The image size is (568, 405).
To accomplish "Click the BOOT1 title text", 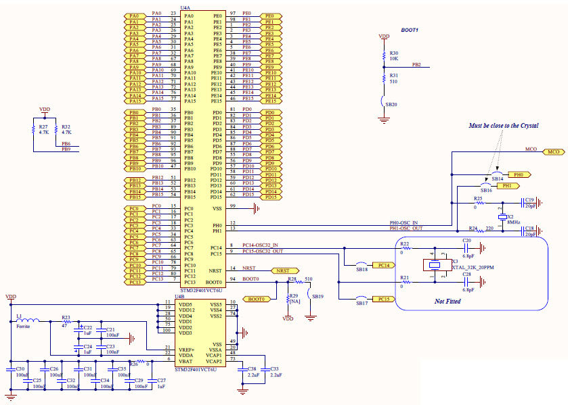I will click(410, 30).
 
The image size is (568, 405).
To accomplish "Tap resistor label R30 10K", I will click(394, 55).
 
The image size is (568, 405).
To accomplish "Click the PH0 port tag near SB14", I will click(520, 174).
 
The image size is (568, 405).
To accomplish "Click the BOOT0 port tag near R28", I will click(257, 299).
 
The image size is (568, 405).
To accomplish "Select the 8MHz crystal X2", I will click(502, 216).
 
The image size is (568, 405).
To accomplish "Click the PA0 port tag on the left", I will click(133, 16).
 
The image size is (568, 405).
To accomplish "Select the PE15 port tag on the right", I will click(270, 101).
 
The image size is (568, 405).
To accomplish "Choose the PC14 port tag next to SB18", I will click(383, 265).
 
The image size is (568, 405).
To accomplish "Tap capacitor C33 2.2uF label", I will click(274, 371).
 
